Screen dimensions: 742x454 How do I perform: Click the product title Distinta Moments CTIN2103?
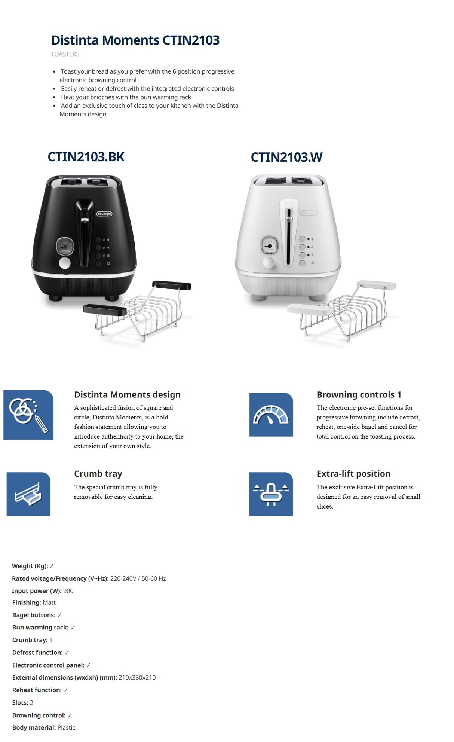pos(135,40)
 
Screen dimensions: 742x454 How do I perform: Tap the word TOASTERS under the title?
pos(65,54)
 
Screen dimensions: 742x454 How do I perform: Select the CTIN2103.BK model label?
pos(86,157)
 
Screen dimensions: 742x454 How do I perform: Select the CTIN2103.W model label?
pos(286,157)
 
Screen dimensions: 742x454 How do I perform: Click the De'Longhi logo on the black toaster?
pos(104,214)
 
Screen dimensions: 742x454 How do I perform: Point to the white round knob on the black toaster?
pos(65,263)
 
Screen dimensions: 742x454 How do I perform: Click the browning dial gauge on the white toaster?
pos(269,245)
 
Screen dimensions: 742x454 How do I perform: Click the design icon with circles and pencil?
pos(28,415)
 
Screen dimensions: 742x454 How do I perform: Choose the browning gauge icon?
pos(271,415)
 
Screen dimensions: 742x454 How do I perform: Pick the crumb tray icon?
pos(28,494)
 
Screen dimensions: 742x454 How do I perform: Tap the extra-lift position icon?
pos(271,494)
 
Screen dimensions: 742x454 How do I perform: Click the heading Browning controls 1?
pos(359,395)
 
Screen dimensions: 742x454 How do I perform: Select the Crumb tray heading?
pos(98,474)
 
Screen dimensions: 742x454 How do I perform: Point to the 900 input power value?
pos(68,591)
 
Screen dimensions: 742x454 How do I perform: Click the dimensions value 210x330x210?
pos(137,677)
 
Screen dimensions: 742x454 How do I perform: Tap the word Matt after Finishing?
pos(49,602)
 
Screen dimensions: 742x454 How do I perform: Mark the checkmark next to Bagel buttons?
pos(59,615)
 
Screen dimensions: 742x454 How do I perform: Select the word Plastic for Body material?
pos(66,727)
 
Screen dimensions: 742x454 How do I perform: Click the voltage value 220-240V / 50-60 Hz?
pos(138,578)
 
